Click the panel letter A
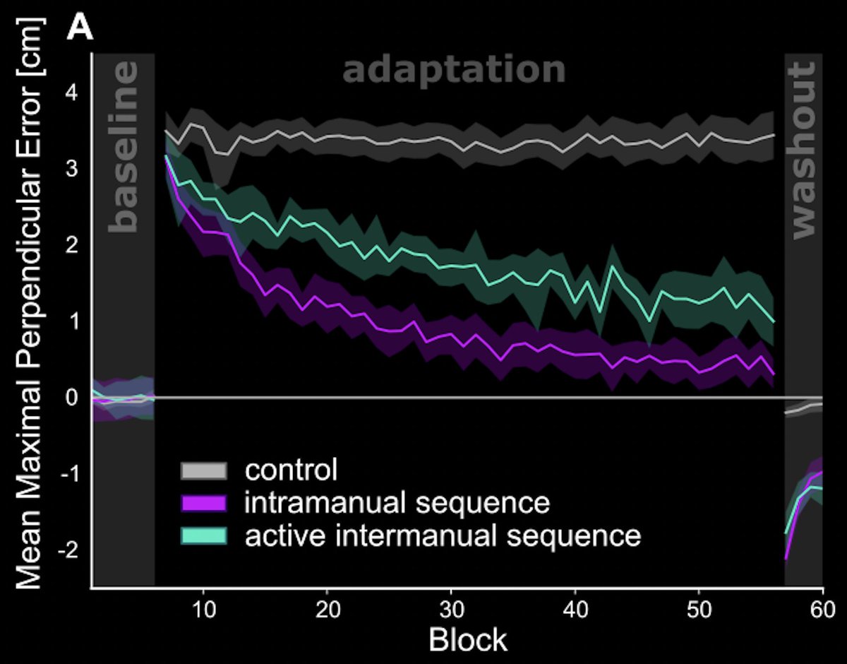[x=80, y=30]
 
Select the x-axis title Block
[x=468, y=640]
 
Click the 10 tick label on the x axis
[x=203, y=607]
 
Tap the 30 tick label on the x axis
[x=450, y=607]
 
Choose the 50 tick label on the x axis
[x=698, y=607]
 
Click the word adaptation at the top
[x=454, y=71]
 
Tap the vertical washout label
[x=803, y=150]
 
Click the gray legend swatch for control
[x=204, y=470]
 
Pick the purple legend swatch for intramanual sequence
[x=204, y=504]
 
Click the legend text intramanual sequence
[x=397, y=503]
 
